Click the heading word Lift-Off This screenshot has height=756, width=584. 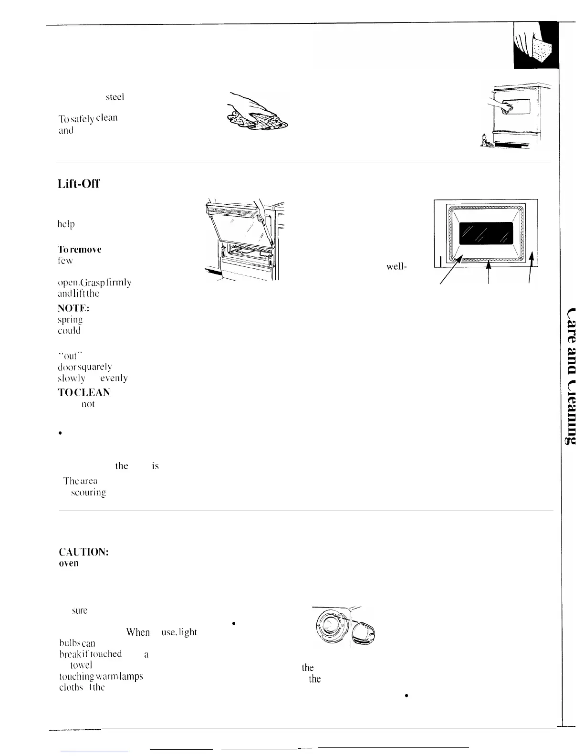tap(78, 184)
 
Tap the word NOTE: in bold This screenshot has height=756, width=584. tap(71, 309)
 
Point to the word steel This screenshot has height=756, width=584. tap(115, 97)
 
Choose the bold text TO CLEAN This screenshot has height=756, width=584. tap(84, 392)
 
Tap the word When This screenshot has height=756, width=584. tap(138, 632)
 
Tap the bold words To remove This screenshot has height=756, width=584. tap(80, 250)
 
